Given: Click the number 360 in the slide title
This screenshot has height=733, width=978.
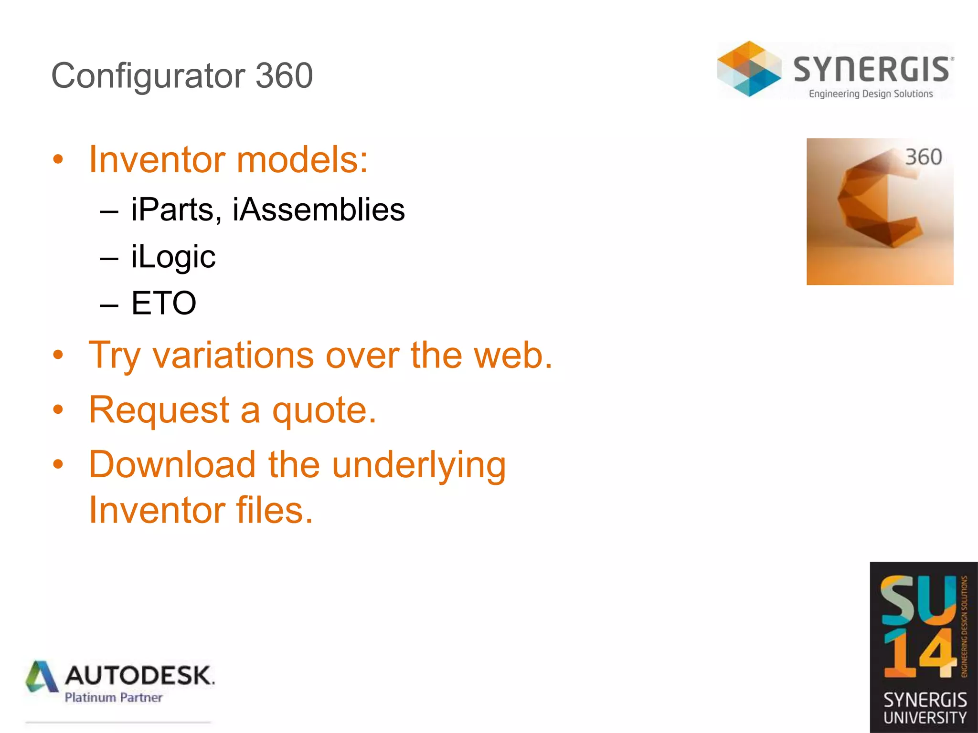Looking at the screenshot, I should pyautogui.click(x=284, y=75).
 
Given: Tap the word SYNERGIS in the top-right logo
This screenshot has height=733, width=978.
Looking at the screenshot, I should pyautogui.click(x=872, y=70).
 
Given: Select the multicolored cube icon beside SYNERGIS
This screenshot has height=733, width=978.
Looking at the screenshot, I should pyautogui.click(x=749, y=69).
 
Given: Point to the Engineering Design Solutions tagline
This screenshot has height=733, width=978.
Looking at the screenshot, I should pyautogui.click(x=871, y=94).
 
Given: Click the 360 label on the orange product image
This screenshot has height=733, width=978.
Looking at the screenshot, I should pyautogui.click(x=923, y=157).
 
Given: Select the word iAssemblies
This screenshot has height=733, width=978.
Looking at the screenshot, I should pyautogui.click(x=319, y=210).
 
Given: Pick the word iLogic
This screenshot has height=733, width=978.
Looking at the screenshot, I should pyautogui.click(x=173, y=257).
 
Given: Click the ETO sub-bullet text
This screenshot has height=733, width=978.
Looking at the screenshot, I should pyautogui.click(x=163, y=303).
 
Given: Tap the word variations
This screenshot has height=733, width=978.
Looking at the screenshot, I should pyautogui.click(x=233, y=356).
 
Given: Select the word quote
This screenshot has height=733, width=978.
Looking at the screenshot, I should pyautogui.click(x=324, y=410).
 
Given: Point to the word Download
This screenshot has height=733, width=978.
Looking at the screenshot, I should pyautogui.click(x=172, y=465).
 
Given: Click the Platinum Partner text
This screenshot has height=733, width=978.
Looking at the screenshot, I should pyautogui.click(x=114, y=698).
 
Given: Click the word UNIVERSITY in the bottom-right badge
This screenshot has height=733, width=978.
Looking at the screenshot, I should pyautogui.click(x=925, y=718).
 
